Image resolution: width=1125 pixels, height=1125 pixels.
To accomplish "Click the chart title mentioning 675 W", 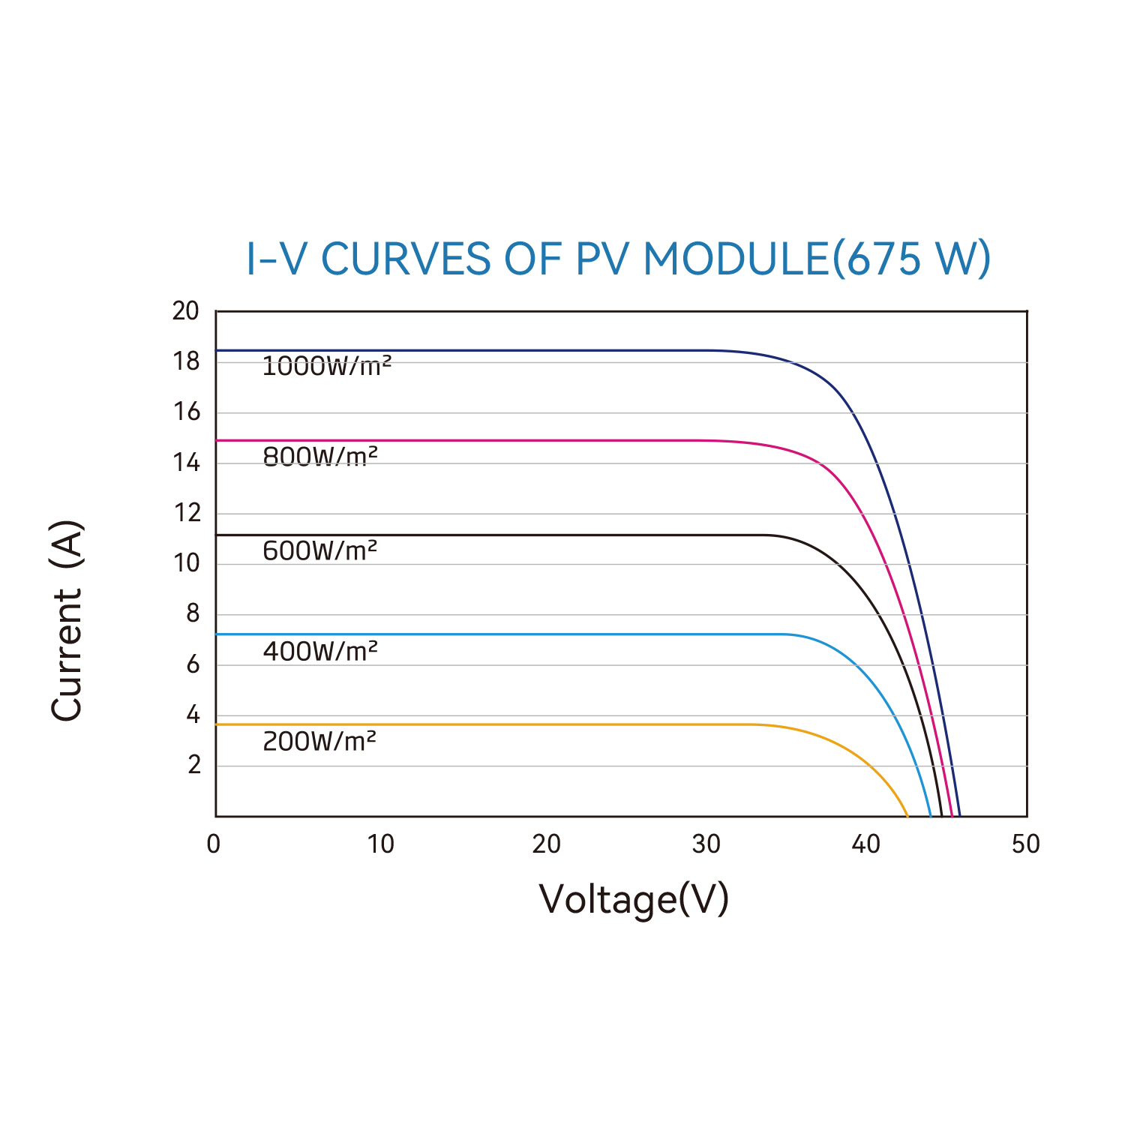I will (619, 259).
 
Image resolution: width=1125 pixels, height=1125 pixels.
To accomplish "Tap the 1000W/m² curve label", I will (327, 367).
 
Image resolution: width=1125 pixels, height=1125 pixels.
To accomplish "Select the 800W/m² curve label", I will (320, 456).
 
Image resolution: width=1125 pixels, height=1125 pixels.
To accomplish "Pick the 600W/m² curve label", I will (320, 550).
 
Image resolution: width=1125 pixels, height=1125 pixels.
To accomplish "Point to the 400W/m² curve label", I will (320, 651).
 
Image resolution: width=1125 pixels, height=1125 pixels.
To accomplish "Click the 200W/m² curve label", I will (319, 741).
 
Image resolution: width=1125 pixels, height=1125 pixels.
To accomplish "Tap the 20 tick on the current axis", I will (186, 310).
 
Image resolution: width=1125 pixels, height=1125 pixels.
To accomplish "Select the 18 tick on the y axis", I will (186, 361).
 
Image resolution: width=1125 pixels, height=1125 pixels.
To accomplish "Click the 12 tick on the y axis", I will (187, 513).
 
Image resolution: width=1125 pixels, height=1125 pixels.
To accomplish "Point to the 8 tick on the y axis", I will (193, 613).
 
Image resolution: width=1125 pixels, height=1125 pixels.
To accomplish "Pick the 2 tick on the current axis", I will (194, 765).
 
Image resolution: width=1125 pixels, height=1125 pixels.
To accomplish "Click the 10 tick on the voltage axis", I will (380, 844).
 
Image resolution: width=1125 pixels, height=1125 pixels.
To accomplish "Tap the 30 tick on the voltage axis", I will (706, 844).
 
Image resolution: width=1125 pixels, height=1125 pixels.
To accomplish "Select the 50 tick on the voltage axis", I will (1026, 844).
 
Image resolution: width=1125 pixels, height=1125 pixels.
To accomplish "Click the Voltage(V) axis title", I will (634, 898).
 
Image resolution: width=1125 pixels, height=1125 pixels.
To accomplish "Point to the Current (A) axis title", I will (67, 620).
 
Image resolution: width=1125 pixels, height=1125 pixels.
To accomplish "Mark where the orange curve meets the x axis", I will (907, 816).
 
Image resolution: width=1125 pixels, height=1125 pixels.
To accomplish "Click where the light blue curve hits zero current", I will (931, 816).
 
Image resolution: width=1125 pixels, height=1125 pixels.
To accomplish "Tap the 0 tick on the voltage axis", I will (214, 844).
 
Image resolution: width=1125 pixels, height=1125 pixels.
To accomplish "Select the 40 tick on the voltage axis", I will (865, 844).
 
